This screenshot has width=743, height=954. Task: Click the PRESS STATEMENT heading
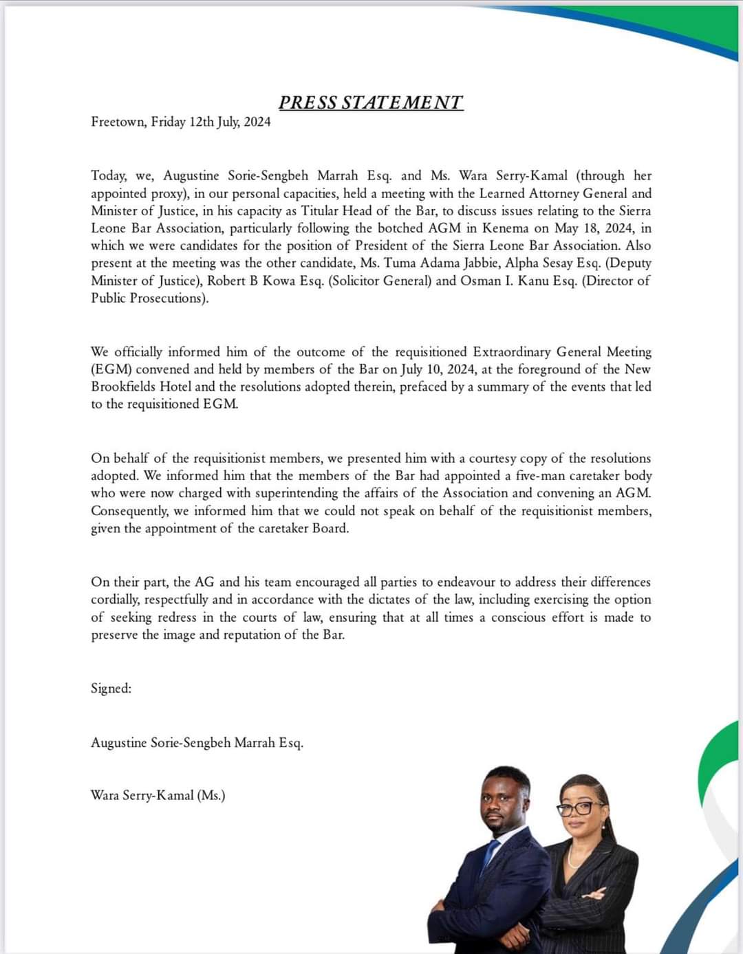[x=371, y=102]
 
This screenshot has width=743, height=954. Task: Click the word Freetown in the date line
[x=118, y=122]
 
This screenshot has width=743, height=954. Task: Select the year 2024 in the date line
[x=257, y=122]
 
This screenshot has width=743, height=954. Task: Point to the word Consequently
[x=129, y=510]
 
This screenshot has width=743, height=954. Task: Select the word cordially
[x=115, y=600]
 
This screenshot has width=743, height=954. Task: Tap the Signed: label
[x=111, y=689]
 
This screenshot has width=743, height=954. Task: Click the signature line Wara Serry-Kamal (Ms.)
[x=158, y=796]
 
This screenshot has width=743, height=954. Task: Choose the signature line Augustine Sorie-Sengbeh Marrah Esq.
[x=197, y=743]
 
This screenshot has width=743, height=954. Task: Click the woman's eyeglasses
[x=582, y=807]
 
